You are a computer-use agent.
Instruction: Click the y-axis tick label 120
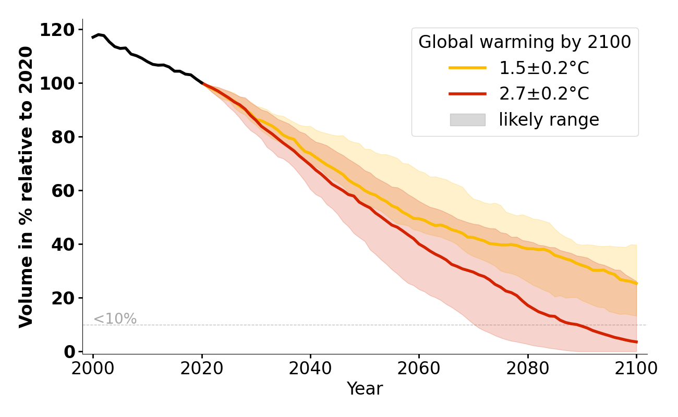pyautogui.click(x=57, y=30)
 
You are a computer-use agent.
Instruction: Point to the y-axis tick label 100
pyautogui.click(x=57, y=84)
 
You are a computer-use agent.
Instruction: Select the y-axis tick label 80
pyautogui.click(x=63, y=138)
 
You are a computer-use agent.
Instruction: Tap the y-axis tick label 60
pyautogui.click(x=63, y=191)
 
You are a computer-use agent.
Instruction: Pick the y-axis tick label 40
pyautogui.click(x=63, y=245)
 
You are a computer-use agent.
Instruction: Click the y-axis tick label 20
pyautogui.click(x=63, y=299)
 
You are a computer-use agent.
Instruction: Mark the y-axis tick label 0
pyautogui.click(x=69, y=352)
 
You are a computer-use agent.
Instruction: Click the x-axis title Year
pyautogui.click(x=365, y=389)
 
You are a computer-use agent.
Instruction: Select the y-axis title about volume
pyautogui.click(x=26, y=187)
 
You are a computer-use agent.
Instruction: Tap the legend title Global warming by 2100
pyautogui.click(x=525, y=42)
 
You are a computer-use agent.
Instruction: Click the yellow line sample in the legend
pyautogui.click(x=467, y=68)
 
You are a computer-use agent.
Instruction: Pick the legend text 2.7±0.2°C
pyautogui.click(x=544, y=94)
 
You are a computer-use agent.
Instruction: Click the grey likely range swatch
pyautogui.click(x=467, y=120)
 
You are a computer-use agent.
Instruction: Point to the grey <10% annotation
pyautogui.click(x=115, y=319)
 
